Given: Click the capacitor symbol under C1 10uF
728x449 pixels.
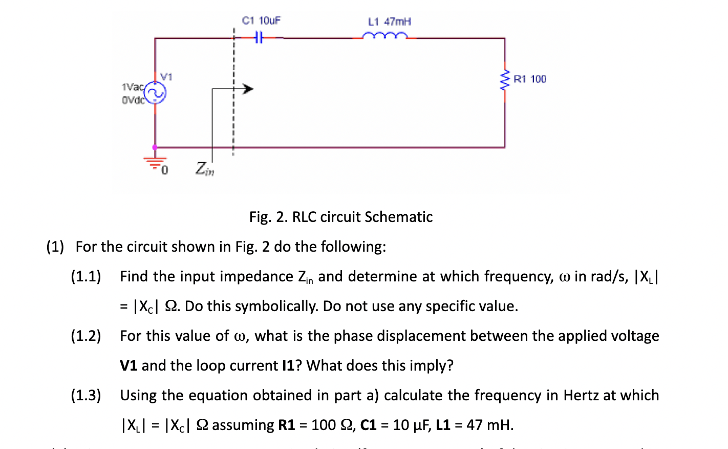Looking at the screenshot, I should pyautogui.click(x=259, y=37).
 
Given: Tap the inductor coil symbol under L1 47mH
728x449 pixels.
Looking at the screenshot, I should pyautogui.click(x=385, y=36).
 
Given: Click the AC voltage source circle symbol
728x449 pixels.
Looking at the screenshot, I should pyautogui.click(x=155, y=93).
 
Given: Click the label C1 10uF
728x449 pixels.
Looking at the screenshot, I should pyautogui.click(x=261, y=21).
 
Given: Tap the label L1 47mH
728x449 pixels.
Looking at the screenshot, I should pyautogui.click(x=389, y=22).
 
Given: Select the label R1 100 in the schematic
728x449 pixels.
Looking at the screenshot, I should pyautogui.click(x=530, y=79).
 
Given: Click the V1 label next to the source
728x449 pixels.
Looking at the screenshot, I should pyautogui.click(x=166, y=77).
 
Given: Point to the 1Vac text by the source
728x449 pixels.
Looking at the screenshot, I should pyautogui.click(x=132, y=87).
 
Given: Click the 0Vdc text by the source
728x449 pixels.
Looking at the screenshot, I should pyautogui.click(x=133, y=100).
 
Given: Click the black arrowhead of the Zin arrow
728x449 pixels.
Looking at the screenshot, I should pyautogui.click(x=248, y=89).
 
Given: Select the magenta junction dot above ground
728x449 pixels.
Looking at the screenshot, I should pyautogui.click(x=155, y=147).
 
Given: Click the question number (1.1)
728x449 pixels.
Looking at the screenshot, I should pyautogui.click(x=85, y=277).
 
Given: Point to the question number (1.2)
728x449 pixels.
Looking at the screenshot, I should pyautogui.click(x=85, y=336).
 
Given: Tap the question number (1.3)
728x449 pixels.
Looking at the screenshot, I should pyautogui.click(x=85, y=396).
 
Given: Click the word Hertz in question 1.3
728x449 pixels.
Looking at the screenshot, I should pyautogui.click(x=581, y=396).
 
